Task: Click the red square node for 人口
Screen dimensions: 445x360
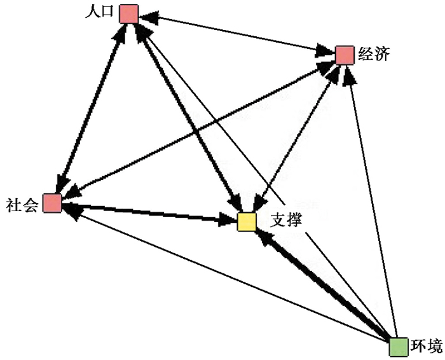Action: point(128,13)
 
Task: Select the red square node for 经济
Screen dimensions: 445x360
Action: point(344,55)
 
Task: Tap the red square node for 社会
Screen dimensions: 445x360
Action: point(52,204)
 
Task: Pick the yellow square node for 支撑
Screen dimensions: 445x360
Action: point(247,222)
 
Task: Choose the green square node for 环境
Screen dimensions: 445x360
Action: point(399,347)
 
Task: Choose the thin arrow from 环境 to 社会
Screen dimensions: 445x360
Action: point(222,273)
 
